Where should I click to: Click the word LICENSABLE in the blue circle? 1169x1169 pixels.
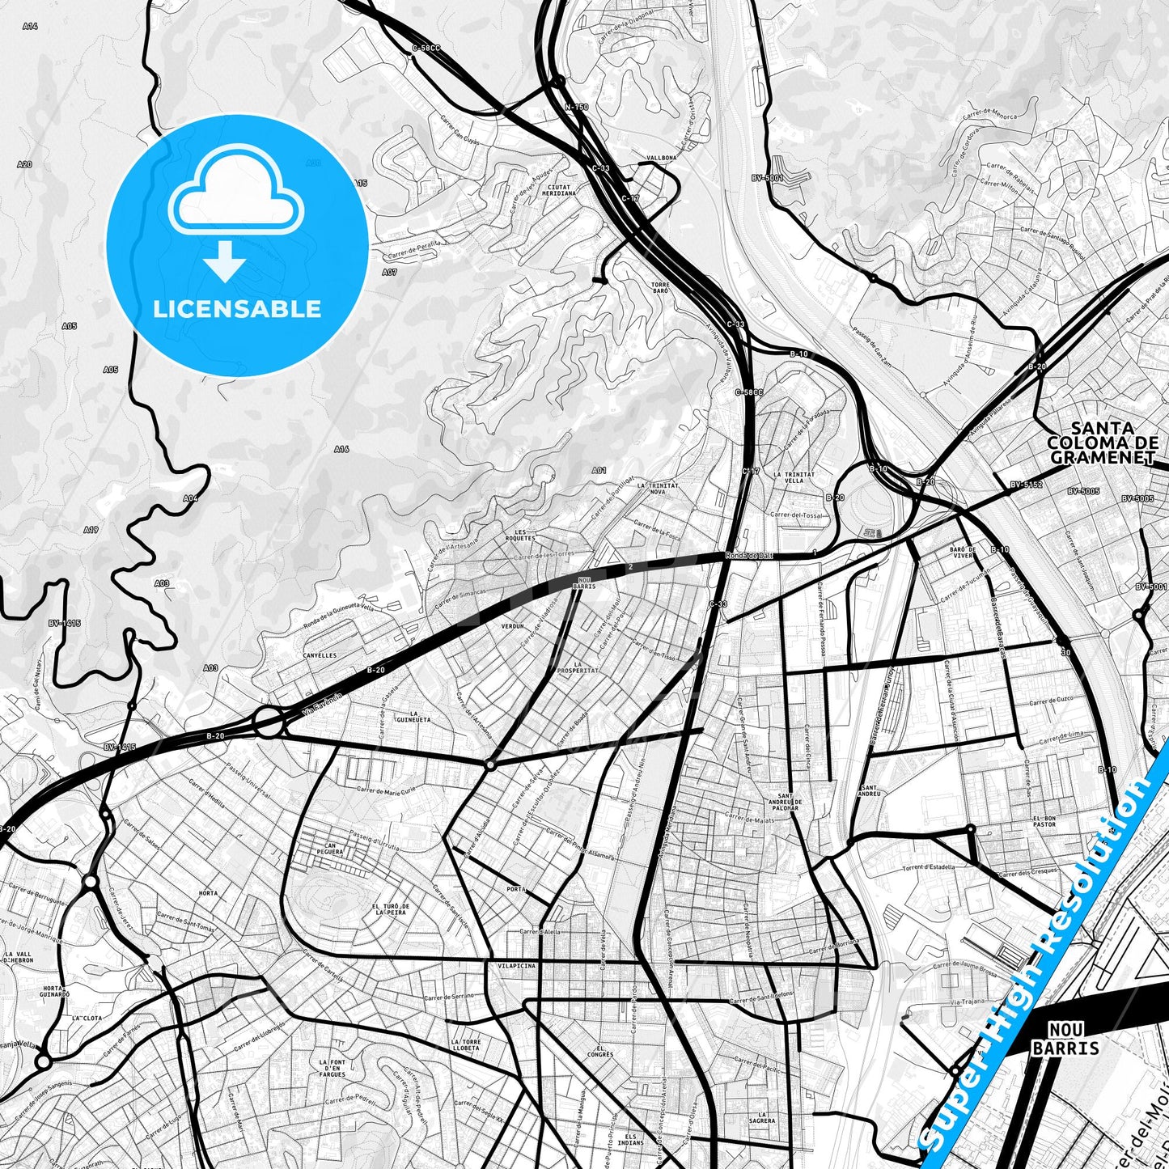coord(237,309)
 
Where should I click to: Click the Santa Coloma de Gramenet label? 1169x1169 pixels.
coord(1102,443)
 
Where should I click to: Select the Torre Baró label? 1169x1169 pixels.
coord(659,288)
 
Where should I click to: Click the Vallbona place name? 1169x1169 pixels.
coord(661,159)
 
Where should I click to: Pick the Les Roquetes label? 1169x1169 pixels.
coord(525,535)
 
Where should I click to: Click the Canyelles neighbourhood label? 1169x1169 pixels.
coord(320,655)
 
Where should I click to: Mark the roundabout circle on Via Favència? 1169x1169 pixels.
coord(269,722)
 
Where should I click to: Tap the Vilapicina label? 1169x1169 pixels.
coord(517,966)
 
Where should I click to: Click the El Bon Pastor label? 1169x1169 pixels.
coord(1044,822)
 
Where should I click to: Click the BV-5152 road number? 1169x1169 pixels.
coord(1026,485)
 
